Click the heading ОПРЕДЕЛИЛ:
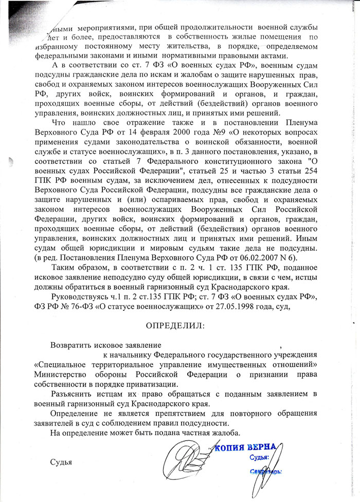click(x=175, y=326)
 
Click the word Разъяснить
click(x=75, y=394)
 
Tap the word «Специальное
click(x=58, y=364)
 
